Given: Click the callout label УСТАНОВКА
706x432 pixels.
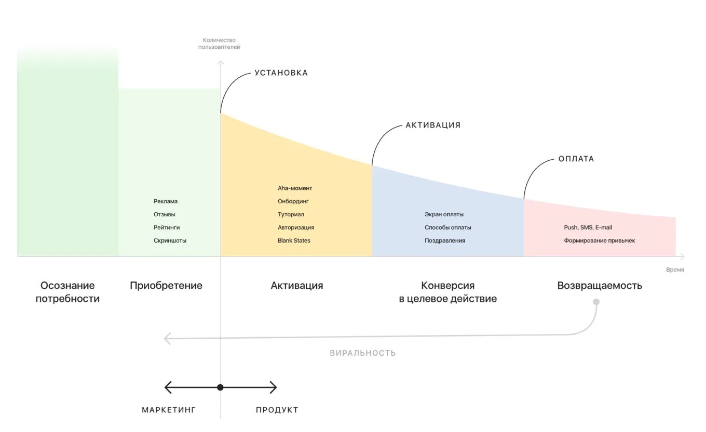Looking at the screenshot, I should point(281,73).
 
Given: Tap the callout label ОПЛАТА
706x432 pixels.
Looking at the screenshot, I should point(576,159).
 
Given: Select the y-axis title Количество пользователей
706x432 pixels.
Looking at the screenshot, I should point(219,44).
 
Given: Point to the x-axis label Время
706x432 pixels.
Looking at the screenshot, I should point(675,270).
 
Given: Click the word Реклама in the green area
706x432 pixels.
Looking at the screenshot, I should point(166,201).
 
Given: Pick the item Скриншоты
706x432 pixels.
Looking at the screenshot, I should point(170,241).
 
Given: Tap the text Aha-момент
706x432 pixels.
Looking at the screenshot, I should point(295,188).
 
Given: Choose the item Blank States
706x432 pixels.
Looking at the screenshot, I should point(294,241).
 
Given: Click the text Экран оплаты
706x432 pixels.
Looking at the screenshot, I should point(444,214).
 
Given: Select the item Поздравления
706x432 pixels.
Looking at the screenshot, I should point(444,241).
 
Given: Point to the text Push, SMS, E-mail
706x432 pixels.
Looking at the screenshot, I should point(588,228).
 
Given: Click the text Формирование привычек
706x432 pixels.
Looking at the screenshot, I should point(599,241).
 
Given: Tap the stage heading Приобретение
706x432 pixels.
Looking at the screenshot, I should point(166,286).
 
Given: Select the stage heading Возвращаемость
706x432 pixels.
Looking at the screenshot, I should point(600,286).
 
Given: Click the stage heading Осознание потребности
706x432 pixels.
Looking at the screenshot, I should point(67,292).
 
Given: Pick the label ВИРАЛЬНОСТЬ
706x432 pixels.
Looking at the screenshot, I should point(363,353).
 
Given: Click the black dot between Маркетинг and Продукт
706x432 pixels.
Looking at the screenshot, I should point(220,387).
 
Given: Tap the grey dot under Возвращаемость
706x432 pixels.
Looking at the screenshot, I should point(596,302).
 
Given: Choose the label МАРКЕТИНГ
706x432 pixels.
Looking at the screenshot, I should point(169,410).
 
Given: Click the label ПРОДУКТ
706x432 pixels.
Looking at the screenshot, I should point(277,410).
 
